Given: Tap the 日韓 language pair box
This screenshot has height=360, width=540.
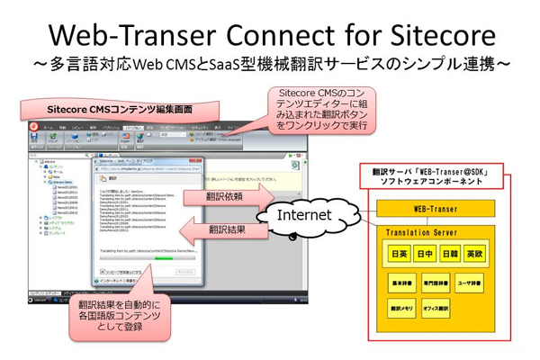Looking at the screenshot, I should (x=453, y=255).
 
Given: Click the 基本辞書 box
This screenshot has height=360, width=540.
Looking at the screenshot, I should (x=400, y=282).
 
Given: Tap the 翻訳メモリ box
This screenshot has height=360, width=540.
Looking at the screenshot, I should (x=400, y=309).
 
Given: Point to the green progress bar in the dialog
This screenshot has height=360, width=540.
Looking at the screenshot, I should (x=161, y=257).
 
